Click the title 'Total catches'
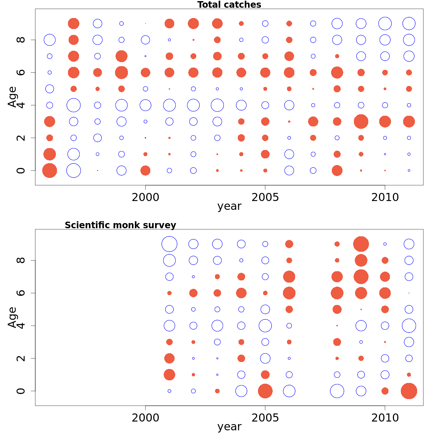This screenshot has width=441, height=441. point(229,5)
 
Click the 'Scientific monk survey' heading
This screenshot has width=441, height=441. point(120,225)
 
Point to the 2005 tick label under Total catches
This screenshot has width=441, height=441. point(265,197)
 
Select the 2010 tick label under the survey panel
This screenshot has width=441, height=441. point(385,418)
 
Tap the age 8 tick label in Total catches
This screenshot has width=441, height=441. point(21,40)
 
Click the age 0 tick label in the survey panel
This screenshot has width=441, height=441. point(21,391)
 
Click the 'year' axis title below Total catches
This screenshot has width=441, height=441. point(229,206)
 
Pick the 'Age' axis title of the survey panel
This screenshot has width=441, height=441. point(12,317)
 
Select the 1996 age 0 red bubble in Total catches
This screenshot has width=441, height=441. point(50,171)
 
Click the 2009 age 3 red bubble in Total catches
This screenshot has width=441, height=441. point(361,121)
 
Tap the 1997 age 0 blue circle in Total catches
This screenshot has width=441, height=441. point(73,171)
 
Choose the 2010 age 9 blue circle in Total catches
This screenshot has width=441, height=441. point(385,24)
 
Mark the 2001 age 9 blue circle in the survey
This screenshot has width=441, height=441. point(169,244)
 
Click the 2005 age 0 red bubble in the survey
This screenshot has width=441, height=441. point(265,391)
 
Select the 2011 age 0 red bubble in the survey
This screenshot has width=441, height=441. point(409,391)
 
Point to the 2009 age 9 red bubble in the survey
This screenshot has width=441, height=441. point(361,244)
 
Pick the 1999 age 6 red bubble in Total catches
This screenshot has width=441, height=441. point(121,72)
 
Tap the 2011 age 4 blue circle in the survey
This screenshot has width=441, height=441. point(409,326)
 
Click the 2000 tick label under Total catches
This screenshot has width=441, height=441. point(146,197)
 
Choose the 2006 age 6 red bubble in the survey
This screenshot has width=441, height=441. point(289,293)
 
